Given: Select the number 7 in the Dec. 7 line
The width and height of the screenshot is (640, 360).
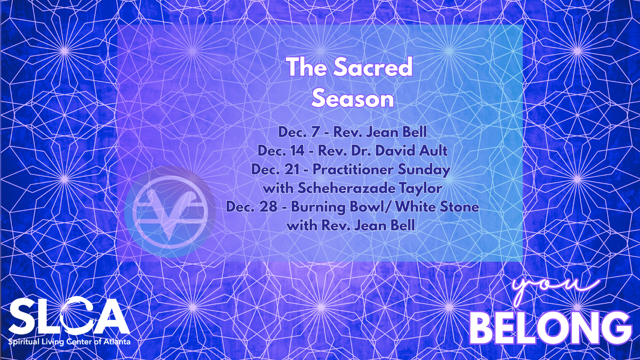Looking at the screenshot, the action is pos(314,132).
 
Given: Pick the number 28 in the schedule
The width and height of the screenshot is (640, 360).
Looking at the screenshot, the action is pos(269,207).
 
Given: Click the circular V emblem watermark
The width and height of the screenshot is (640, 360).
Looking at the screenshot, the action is pos(170,212).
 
